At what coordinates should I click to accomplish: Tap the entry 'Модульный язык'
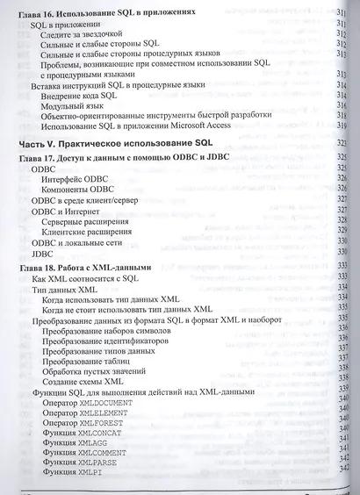tap(75, 104)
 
